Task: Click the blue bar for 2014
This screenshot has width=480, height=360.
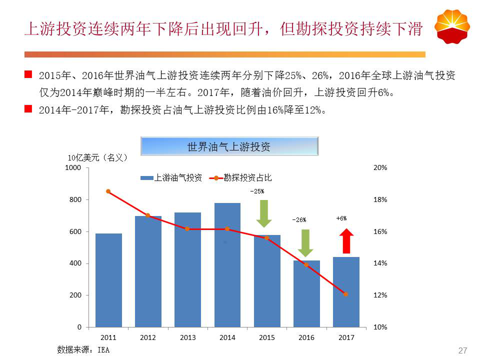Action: (227, 265)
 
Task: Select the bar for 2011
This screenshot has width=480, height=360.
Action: (108, 280)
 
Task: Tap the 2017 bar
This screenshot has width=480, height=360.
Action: (346, 292)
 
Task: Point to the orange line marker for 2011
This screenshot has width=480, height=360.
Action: (108, 191)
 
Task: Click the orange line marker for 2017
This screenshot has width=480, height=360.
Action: (346, 294)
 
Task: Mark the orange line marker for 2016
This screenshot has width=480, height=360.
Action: (306, 264)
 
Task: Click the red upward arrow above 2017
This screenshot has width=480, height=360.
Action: (346, 241)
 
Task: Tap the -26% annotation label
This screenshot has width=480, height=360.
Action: (299, 220)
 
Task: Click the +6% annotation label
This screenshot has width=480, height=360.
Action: (341, 218)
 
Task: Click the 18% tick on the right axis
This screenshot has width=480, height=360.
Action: (380, 200)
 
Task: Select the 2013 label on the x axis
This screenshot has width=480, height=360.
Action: (187, 337)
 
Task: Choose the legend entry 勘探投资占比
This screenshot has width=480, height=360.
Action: (242, 177)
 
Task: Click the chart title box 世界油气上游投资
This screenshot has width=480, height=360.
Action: (229, 146)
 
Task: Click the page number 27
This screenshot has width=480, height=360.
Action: (462, 350)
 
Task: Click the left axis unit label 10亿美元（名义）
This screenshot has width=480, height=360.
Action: (98, 158)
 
